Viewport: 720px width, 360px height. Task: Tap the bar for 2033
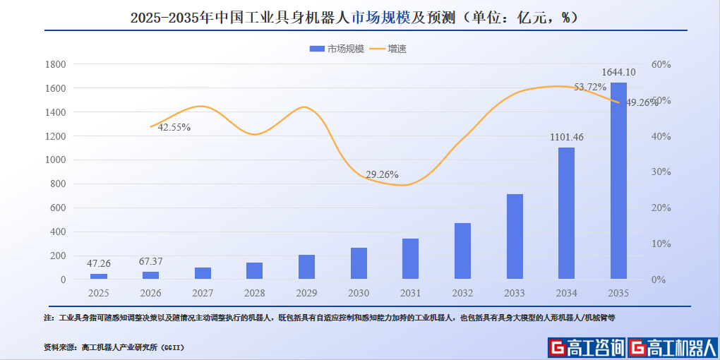click(x=515, y=236)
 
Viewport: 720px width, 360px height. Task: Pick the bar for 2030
click(x=359, y=263)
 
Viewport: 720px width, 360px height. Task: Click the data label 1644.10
click(x=618, y=72)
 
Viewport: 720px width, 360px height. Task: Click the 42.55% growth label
click(x=174, y=128)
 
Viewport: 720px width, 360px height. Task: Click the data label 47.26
click(x=99, y=263)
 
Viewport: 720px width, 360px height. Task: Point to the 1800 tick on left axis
click(x=55, y=64)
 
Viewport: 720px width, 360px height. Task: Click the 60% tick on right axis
click(x=660, y=64)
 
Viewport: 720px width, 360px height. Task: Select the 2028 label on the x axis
click(x=255, y=293)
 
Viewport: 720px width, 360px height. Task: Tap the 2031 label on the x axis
click(x=411, y=293)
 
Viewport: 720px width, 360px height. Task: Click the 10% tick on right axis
click(x=660, y=244)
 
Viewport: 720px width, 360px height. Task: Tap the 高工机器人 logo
click(x=672, y=347)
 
